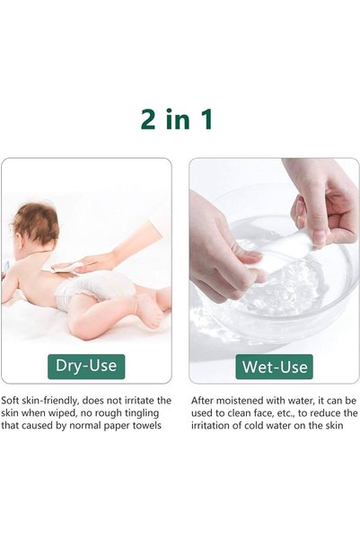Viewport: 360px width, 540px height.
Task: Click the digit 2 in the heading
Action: pyautogui.click(x=148, y=120)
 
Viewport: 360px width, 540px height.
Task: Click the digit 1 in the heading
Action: pyautogui.click(x=206, y=120)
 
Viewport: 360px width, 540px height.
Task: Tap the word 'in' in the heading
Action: pyautogui.click(x=178, y=120)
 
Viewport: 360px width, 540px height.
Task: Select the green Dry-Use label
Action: pyautogui.click(x=86, y=367)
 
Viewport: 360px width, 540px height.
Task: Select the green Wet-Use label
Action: pyautogui.click(x=275, y=367)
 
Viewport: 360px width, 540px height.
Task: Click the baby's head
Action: pyautogui.click(x=36, y=225)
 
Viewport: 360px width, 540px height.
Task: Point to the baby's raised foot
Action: pyautogui.click(x=151, y=311)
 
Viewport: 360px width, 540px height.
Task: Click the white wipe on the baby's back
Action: pyautogui.click(x=67, y=267)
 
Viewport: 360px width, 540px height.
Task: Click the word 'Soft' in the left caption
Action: pyautogui.click(x=10, y=401)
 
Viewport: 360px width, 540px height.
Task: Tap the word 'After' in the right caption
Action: pyautogui.click(x=202, y=401)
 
